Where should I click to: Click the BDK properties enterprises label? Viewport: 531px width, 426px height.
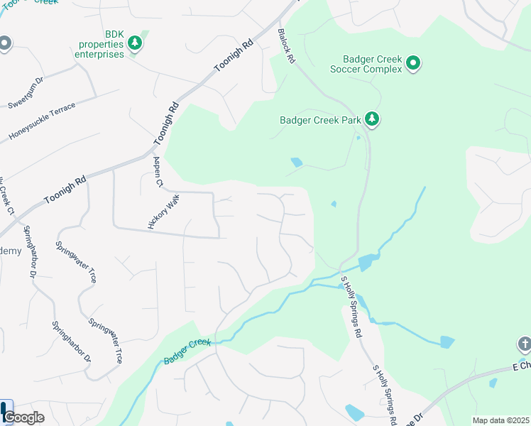point(99,44)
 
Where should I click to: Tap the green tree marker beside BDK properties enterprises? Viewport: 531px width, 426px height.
point(135,44)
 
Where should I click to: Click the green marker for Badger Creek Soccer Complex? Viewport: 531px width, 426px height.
point(412,65)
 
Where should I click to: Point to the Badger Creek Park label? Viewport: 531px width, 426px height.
point(320,119)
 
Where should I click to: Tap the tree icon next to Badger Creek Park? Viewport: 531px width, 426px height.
point(371,119)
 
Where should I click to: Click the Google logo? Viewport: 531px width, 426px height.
point(23,417)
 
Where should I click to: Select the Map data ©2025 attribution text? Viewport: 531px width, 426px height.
point(501,420)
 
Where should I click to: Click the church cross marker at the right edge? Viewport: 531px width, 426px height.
point(524,345)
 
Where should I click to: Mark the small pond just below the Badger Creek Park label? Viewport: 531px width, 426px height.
point(296,163)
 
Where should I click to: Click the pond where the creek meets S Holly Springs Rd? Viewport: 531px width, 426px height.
point(365,263)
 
